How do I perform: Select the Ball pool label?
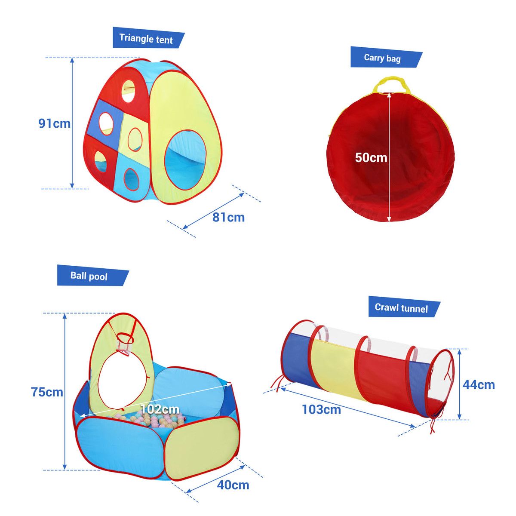89,276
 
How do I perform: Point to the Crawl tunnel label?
401,308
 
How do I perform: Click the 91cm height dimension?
54,123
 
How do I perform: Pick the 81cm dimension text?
228,218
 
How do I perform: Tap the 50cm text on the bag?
371,157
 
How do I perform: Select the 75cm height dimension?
47,392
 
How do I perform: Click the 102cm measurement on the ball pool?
160,409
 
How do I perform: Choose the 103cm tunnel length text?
321,409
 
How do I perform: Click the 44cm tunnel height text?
479,385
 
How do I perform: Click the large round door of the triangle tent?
186,160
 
